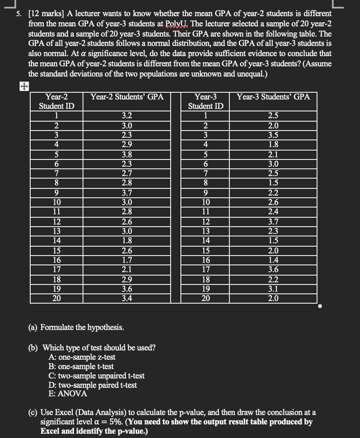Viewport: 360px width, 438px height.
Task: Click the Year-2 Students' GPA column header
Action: click(127, 97)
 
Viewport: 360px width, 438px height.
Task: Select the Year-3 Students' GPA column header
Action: click(273, 97)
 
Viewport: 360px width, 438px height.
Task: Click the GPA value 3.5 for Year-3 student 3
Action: click(273, 135)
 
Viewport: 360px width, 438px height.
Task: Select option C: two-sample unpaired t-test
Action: click(97, 375)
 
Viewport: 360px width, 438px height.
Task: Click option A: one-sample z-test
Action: click(82, 357)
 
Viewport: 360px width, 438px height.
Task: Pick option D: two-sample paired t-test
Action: click(93, 385)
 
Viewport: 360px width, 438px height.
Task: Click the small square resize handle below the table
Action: click(321, 306)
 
